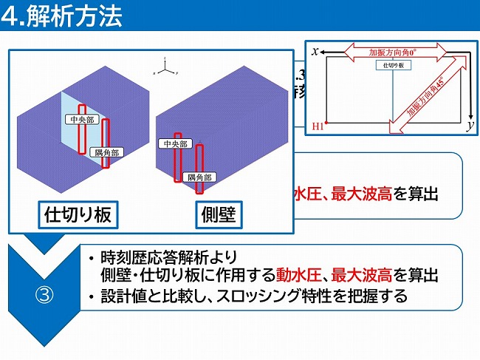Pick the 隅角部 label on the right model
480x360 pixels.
tap(199, 177)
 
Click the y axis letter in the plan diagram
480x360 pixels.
tap(469, 127)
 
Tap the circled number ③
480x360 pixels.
tap(44, 293)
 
